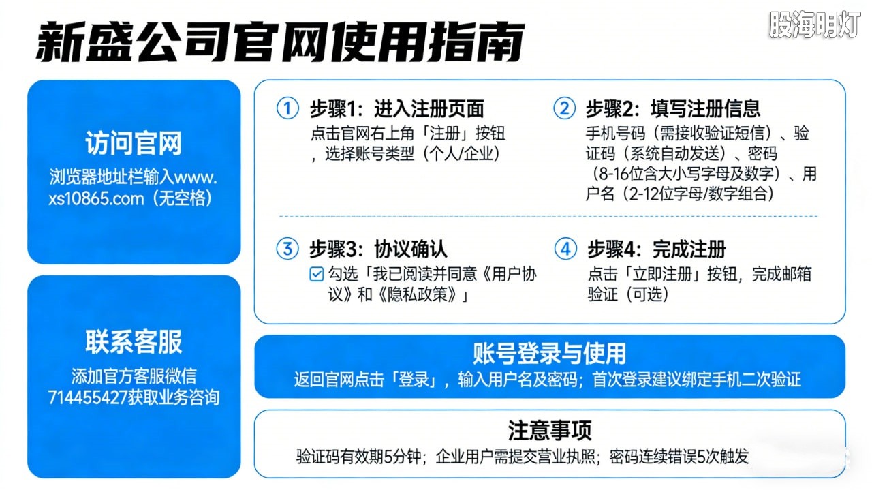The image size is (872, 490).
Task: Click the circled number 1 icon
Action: (x=287, y=108)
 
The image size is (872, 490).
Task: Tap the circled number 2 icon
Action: (x=564, y=108)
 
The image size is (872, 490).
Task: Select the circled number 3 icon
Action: (x=287, y=249)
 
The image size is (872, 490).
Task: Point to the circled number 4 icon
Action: (x=565, y=249)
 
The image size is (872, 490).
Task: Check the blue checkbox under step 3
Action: (x=316, y=275)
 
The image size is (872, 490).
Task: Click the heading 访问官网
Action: (x=134, y=144)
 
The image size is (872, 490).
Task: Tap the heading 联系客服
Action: (x=134, y=342)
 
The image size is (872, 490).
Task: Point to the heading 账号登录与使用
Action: (x=549, y=353)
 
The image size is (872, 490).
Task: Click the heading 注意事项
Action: (x=549, y=430)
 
